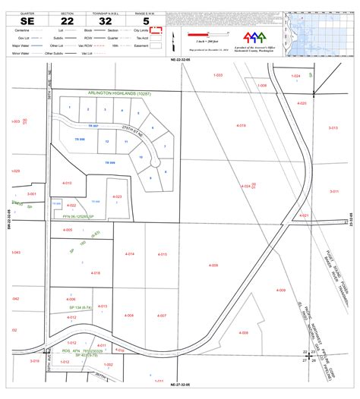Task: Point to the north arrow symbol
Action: tap(175, 39)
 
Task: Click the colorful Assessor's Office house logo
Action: tap(254, 38)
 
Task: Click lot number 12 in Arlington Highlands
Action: tap(106, 142)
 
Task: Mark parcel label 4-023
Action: tap(117, 196)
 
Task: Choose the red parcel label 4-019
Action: tap(241, 125)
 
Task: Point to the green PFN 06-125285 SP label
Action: tap(77, 215)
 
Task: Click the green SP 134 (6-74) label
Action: tap(76, 306)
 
